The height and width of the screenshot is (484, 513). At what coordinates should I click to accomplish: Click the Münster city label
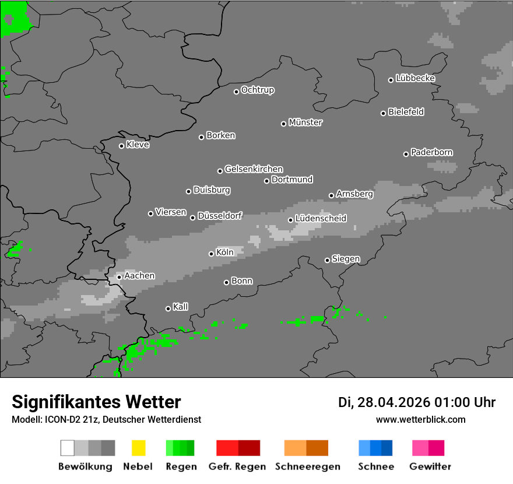coord(305,122)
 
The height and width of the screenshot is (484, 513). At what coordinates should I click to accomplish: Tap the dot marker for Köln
coord(211,254)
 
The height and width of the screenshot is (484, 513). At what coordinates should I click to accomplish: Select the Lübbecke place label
coord(415,78)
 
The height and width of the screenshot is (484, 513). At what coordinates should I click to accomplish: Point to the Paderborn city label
coord(431,152)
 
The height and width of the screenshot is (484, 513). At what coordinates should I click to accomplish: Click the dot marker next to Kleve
coord(121,146)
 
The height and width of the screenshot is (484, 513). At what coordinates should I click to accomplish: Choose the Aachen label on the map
coord(139,276)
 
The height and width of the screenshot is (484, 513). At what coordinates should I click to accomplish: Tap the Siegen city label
coord(346,259)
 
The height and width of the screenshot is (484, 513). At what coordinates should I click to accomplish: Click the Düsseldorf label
coord(220,216)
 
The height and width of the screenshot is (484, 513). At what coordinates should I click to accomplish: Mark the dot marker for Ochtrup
coord(236,92)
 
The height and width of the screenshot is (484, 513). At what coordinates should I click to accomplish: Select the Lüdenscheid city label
coord(321,219)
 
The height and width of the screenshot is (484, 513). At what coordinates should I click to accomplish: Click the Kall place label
coord(181,307)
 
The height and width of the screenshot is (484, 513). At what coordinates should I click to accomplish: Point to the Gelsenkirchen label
coord(254,169)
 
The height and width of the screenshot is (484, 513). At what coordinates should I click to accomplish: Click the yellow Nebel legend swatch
coord(138,448)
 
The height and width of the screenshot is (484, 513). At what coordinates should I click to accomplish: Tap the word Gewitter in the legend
coord(430,467)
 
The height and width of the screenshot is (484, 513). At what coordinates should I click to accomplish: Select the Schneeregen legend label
coord(308,467)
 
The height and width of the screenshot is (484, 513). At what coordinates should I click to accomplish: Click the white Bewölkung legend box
coord(68,448)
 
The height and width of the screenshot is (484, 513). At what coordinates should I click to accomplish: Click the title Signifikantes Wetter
coord(96,402)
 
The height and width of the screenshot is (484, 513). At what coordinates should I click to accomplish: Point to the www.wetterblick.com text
coord(420,419)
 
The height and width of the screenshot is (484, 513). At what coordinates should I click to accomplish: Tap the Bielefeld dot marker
coord(384,113)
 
